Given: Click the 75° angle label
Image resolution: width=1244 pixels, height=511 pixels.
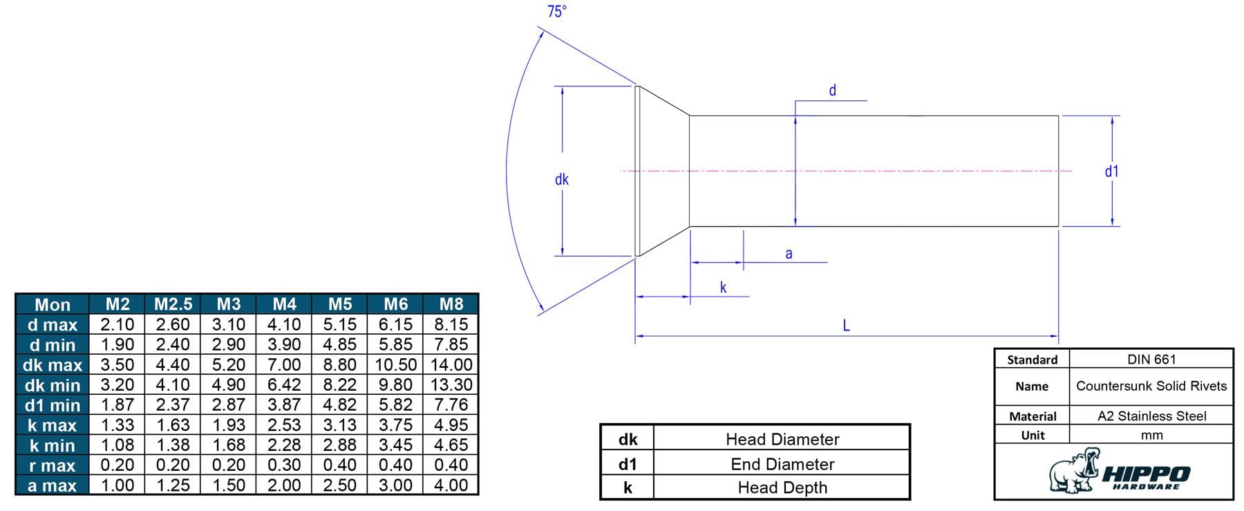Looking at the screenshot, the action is tap(557, 12).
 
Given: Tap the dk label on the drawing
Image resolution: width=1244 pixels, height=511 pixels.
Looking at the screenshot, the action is tap(562, 180).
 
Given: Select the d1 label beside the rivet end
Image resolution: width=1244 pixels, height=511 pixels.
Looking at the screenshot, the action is tap(1111, 171).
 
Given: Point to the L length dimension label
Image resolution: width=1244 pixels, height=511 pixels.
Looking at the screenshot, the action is tap(846, 326).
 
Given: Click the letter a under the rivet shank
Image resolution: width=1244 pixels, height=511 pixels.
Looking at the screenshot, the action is tap(789, 254).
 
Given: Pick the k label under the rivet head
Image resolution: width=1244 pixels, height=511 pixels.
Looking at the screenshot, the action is tap(723, 288).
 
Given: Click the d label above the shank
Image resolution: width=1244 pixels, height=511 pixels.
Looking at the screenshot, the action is tap(832, 91).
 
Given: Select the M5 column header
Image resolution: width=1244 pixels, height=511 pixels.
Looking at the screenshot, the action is tap(340, 304).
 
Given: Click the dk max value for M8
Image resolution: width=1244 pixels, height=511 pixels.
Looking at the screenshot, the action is tap(451, 364).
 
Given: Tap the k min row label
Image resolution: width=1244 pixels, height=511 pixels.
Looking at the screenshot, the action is tap(53, 445).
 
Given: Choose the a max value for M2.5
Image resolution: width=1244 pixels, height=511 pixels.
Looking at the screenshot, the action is tap(173, 485).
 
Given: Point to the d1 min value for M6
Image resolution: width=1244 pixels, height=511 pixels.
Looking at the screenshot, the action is tap(395, 405).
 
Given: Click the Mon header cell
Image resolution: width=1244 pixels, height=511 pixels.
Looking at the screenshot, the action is tap(53, 305).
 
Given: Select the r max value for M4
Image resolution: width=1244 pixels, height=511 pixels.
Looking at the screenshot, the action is tap(284, 465).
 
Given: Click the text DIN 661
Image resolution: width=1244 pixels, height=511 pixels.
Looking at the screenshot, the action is tap(1151, 359).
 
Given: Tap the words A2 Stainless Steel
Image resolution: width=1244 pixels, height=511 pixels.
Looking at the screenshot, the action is tap(1152, 416).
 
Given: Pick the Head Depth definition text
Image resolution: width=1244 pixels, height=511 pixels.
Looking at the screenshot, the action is tap(782, 487).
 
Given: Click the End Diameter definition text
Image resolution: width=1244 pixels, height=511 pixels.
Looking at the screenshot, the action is tap(782, 464).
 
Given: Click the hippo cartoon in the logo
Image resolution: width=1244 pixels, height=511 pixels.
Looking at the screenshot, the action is tap(1074, 470).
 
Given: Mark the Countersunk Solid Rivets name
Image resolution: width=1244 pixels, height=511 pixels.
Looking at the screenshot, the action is tap(1151, 386).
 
